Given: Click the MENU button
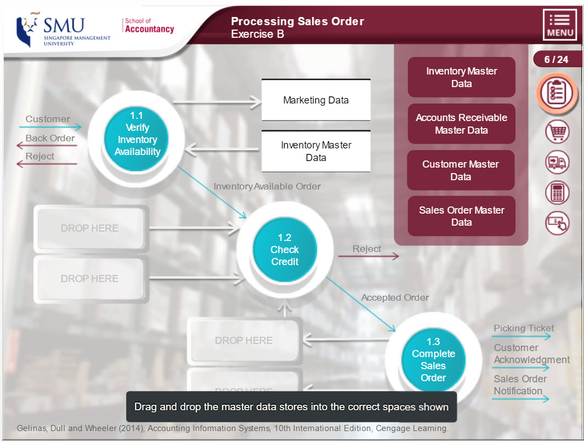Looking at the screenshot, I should (560, 25).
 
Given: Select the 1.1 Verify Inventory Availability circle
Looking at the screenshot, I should (137, 134).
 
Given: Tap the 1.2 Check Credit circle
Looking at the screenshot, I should (285, 250).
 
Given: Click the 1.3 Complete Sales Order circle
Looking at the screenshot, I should (433, 359).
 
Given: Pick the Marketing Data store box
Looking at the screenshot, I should (316, 100).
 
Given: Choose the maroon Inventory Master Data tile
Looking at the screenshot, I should (461, 77).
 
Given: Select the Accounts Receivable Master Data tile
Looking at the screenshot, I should (461, 124).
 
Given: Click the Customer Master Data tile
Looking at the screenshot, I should (461, 170).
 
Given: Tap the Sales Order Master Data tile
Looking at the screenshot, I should (461, 216).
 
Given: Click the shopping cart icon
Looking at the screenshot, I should (557, 132).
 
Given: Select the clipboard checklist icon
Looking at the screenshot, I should (557, 93).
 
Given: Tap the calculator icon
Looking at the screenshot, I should (557, 193).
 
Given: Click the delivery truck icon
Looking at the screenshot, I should (557, 163).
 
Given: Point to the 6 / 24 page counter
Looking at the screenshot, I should (556, 60).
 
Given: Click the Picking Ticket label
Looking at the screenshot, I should (524, 329).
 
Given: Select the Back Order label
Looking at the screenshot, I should (50, 138).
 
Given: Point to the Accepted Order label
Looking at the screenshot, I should (395, 297).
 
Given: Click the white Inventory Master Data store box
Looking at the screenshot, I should (316, 152).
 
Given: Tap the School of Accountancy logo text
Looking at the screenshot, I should (149, 26).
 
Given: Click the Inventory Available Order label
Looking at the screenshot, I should (267, 186).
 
